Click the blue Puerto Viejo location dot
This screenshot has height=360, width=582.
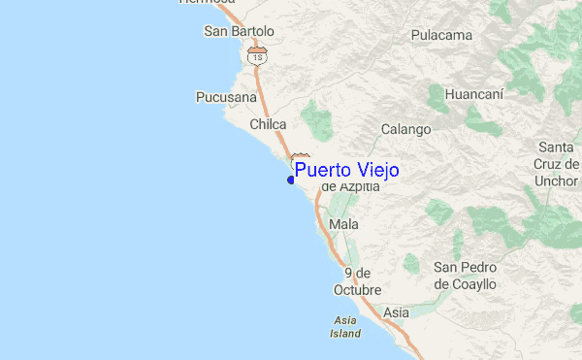(291, 180)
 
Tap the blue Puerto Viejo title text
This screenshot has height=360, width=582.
(346, 171)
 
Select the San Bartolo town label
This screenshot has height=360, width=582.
(239, 32)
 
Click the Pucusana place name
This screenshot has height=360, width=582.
(226, 98)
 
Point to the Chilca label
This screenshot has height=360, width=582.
(267, 124)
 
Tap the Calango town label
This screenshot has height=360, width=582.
(405, 129)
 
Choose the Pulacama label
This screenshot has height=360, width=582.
(441, 36)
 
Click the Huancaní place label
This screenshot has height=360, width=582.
(472, 95)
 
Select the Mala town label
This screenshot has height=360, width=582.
(343, 224)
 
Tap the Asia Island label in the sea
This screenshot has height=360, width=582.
(344, 326)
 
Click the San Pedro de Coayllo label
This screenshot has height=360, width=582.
(465, 276)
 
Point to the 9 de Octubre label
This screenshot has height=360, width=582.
(357, 281)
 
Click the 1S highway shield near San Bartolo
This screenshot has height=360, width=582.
(256, 56)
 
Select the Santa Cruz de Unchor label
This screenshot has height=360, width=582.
(557, 164)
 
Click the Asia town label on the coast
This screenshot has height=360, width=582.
(396, 312)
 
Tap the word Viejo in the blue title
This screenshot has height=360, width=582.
(374, 171)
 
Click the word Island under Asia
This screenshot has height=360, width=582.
(344, 333)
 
